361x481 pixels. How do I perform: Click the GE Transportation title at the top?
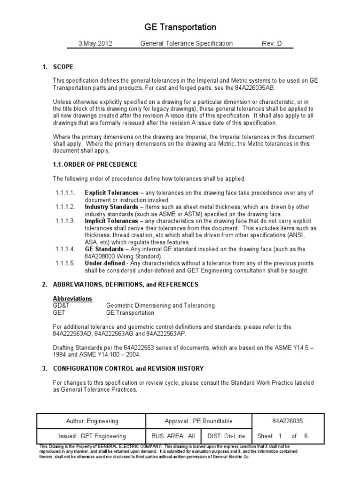[180, 27]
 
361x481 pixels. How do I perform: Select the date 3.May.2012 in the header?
[95, 44]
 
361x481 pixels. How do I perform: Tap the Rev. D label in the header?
[272, 44]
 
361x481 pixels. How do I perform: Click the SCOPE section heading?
[63, 67]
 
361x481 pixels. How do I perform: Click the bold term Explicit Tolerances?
[111, 193]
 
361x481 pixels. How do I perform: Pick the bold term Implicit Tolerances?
[111, 221]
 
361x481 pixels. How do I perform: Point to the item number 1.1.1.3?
[66, 221]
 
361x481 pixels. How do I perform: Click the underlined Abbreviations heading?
[72, 299]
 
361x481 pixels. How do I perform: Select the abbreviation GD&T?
[62, 305]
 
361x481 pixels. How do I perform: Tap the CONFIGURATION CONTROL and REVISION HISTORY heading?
[128, 368]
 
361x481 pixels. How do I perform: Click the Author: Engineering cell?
[92, 421]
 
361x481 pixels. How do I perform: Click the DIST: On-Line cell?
[227, 436]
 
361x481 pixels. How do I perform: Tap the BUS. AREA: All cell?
[173, 436]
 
